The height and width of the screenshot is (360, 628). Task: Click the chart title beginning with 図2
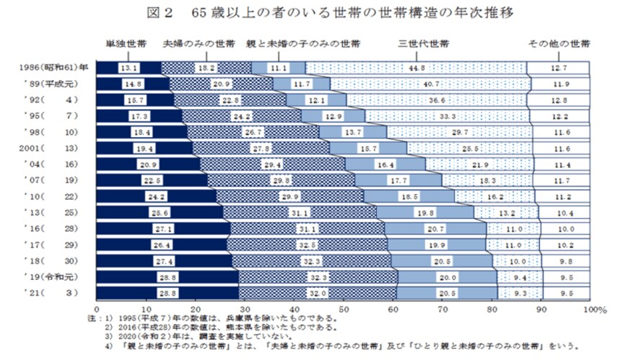pos(313,14)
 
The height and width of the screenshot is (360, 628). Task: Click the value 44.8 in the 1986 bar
pos(414,69)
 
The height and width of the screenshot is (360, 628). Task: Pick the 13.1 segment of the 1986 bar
pos(130,69)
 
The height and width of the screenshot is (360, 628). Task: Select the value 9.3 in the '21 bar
pos(519,293)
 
